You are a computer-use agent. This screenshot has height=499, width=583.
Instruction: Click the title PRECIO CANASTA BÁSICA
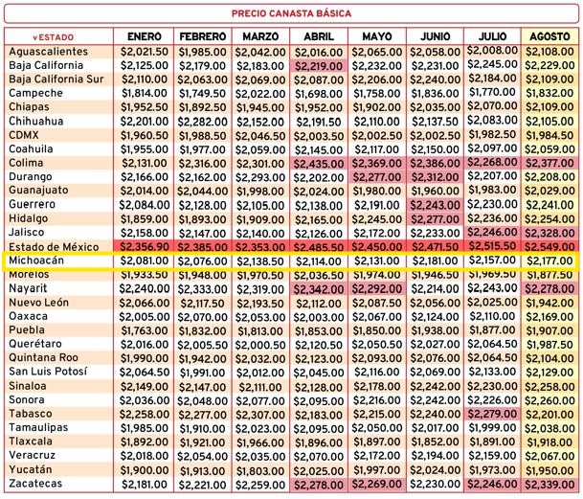pos(291,13)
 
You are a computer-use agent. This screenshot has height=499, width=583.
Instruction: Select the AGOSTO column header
pos(549,36)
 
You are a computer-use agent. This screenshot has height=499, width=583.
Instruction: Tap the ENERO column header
pos(145,36)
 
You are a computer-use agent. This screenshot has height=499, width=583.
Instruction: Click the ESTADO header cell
pos(54,37)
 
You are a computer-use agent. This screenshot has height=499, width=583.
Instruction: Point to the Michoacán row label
pos(36,261)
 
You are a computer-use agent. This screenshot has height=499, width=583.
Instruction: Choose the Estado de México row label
pos(54,247)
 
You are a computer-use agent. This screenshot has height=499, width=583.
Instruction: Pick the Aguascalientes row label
pos(48,52)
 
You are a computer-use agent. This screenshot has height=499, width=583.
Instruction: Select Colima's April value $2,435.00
pos(319,164)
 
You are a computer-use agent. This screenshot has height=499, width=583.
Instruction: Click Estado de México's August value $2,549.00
pos(549,247)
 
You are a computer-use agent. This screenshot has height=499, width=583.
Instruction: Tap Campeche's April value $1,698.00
pos(319,94)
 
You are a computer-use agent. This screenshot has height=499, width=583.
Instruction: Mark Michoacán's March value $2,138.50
pos(260,261)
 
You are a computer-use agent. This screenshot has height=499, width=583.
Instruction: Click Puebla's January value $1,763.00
pos(145,330)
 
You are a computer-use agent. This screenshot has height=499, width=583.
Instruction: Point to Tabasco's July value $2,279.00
pos(492,414)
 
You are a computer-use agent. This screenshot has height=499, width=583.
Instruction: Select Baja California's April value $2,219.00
pos(319,67)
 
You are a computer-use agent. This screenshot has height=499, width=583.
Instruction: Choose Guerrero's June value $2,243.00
pos(435,205)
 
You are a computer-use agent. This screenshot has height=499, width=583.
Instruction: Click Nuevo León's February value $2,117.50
pos(202,304)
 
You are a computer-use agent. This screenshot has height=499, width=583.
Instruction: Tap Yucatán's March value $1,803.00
pos(260,470)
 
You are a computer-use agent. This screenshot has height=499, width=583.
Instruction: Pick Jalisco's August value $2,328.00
pos(549,234)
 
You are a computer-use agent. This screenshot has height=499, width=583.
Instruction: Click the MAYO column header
pos(376,36)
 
